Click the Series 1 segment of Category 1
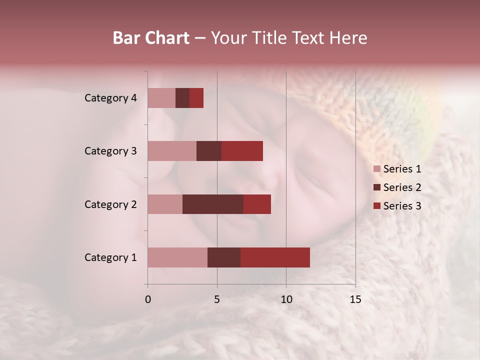(177, 257)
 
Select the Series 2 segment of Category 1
(224, 257)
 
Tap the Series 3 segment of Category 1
(275, 257)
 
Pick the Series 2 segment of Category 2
(213, 204)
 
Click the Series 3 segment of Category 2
(257, 204)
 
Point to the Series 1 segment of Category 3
(172, 151)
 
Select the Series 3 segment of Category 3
(242, 151)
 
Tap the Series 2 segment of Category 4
(182, 98)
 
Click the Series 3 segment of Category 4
(196, 98)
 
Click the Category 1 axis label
(110, 257)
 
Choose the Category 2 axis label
(110, 204)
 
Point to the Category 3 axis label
(110, 151)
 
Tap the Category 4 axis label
(110, 98)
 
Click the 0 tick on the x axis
(147, 299)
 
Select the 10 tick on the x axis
(286, 299)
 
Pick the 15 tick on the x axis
(355, 299)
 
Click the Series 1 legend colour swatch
(376, 169)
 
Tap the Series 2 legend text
(402, 187)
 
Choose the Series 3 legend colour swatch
(376, 206)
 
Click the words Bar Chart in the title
(151, 38)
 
